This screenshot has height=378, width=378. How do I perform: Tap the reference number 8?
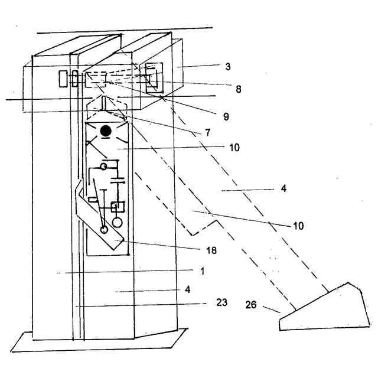tap(238, 90)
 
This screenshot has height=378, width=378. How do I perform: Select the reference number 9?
tap(226, 116)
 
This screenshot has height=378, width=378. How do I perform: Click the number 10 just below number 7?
tap(235, 148)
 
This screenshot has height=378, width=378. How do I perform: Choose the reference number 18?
tap(211, 250)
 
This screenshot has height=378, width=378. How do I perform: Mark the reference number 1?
tap(202, 272)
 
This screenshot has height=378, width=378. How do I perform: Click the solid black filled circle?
tap(106, 131)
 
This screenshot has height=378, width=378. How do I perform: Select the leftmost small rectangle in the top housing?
tap(63, 78)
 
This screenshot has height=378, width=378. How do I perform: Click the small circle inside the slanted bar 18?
tap(105, 230)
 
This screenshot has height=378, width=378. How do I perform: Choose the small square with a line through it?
tap(116, 207)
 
